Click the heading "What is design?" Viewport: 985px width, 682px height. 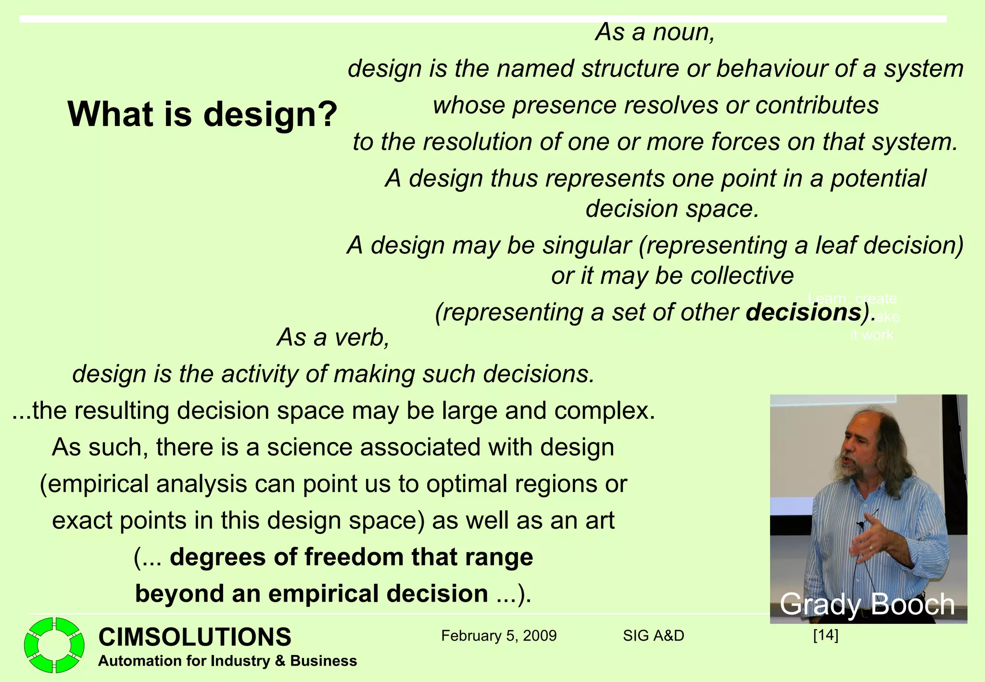[x=202, y=114]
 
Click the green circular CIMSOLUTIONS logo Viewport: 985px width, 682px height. [x=54, y=644]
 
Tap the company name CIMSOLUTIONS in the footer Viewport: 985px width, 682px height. [x=195, y=637]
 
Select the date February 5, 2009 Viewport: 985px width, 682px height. [x=499, y=636]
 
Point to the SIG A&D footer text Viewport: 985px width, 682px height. [x=653, y=636]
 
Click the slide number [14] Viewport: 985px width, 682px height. [x=825, y=635]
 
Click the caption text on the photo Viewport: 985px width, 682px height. [x=867, y=604]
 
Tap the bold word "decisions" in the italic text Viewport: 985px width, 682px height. [x=803, y=312]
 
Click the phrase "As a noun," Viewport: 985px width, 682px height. [x=655, y=32]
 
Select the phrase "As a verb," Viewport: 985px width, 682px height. [x=333, y=337]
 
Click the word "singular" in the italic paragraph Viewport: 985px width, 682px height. [x=586, y=245]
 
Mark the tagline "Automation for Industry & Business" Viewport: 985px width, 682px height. [x=227, y=661]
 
